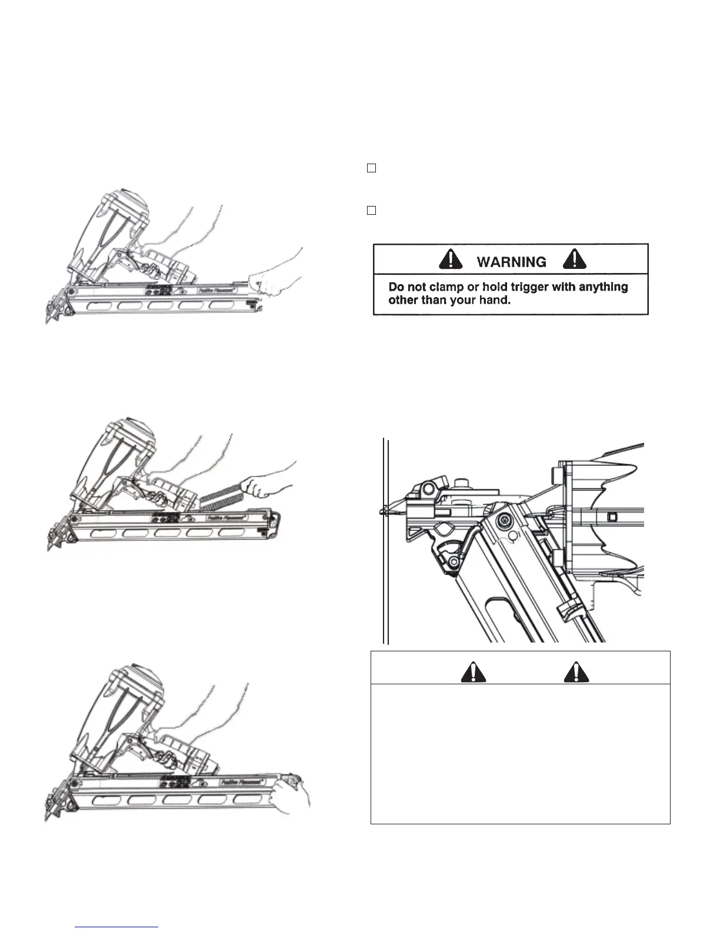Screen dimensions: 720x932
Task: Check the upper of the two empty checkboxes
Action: [371, 168]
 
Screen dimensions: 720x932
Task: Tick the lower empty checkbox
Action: [371, 210]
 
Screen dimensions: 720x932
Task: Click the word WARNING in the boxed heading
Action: [512, 262]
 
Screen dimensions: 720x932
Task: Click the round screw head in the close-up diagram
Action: [504, 521]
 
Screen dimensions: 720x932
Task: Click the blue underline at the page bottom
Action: [117, 927]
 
